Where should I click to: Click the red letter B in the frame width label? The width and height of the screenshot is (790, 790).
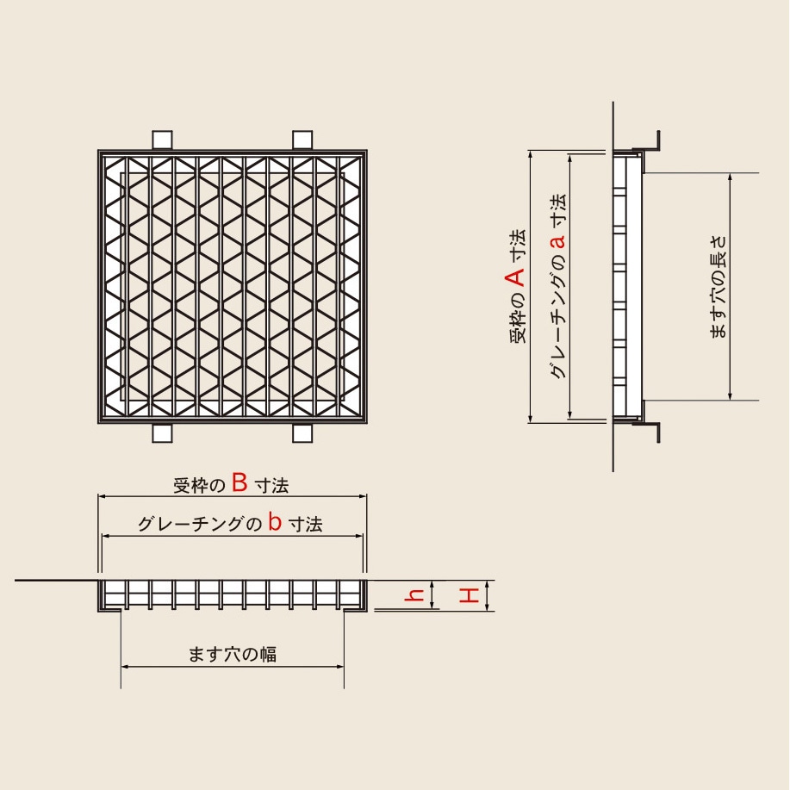pyautogui.click(x=239, y=482)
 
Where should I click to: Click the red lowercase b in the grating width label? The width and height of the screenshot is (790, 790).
pyautogui.click(x=275, y=521)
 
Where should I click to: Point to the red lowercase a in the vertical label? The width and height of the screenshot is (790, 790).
pyautogui.click(x=557, y=242)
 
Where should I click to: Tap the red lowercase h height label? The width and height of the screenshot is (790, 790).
pyautogui.click(x=414, y=596)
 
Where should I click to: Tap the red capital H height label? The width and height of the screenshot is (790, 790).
pyautogui.click(x=469, y=596)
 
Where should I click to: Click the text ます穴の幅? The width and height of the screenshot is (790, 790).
pyautogui.click(x=233, y=654)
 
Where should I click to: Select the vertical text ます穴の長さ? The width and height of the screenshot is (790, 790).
pyautogui.click(x=718, y=287)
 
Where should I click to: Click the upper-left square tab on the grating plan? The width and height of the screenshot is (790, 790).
pyautogui.click(x=162, y=140)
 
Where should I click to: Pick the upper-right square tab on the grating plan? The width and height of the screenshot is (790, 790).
pyautogui.click(x=302, y=140)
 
